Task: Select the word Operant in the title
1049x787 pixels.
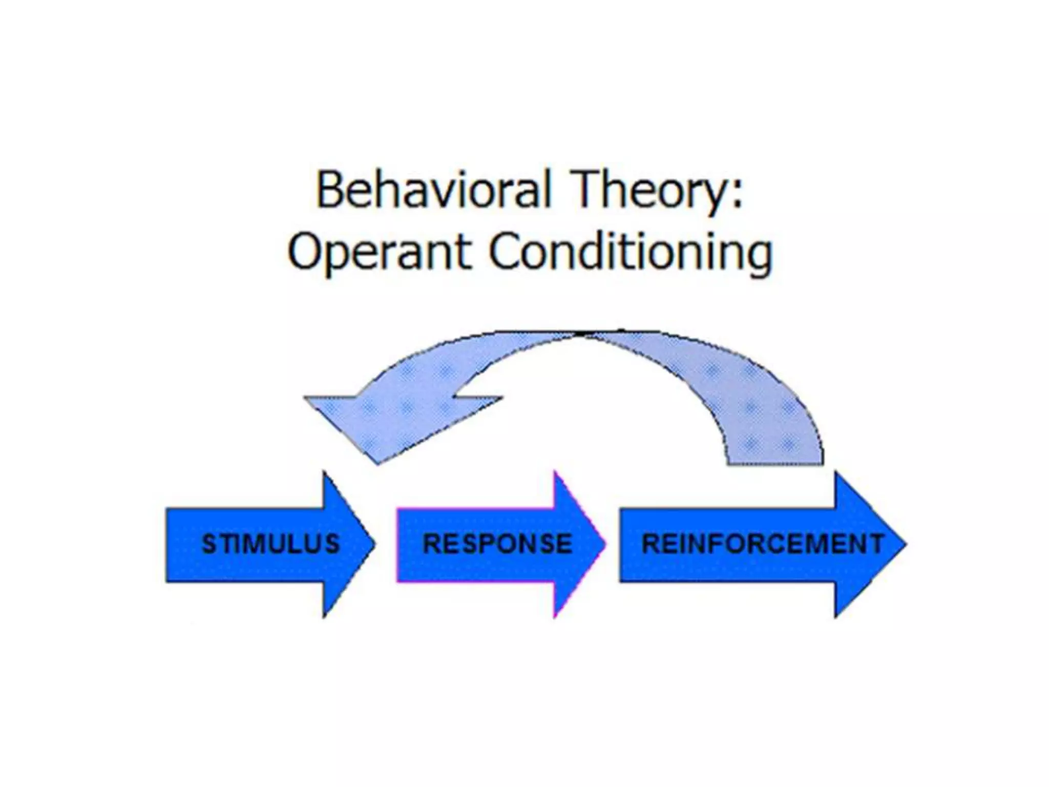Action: (379, 252)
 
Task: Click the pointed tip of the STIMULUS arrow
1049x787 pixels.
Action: (374, 545)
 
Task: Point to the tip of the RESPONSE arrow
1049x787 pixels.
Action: (605, 545)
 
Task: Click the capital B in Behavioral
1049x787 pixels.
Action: (330, 191)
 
